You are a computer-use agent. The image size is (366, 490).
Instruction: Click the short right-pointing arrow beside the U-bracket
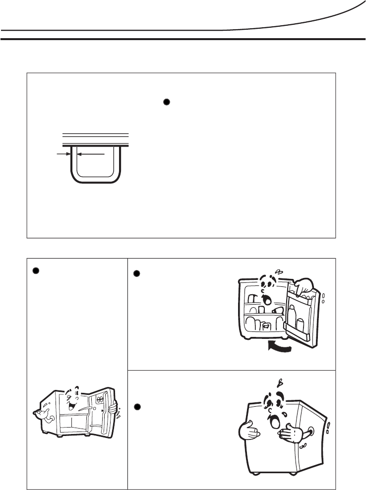pyautogui.click(x=62, y=154)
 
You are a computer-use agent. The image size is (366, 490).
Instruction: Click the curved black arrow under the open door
pyautogui.click(x=279, y=347)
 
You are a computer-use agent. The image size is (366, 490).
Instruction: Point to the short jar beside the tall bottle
pyautogui.click(x=301, y=326)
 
